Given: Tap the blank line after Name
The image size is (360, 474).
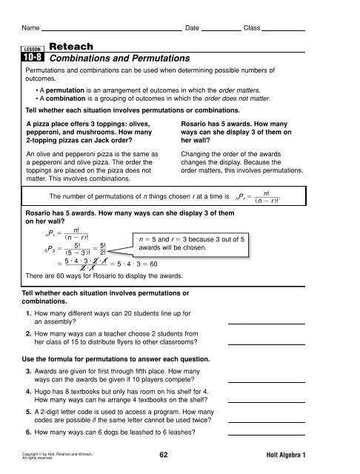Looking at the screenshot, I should (111, 30).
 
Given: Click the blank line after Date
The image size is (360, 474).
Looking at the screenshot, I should (221, 30).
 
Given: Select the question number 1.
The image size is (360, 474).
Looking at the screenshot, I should (28, 316).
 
